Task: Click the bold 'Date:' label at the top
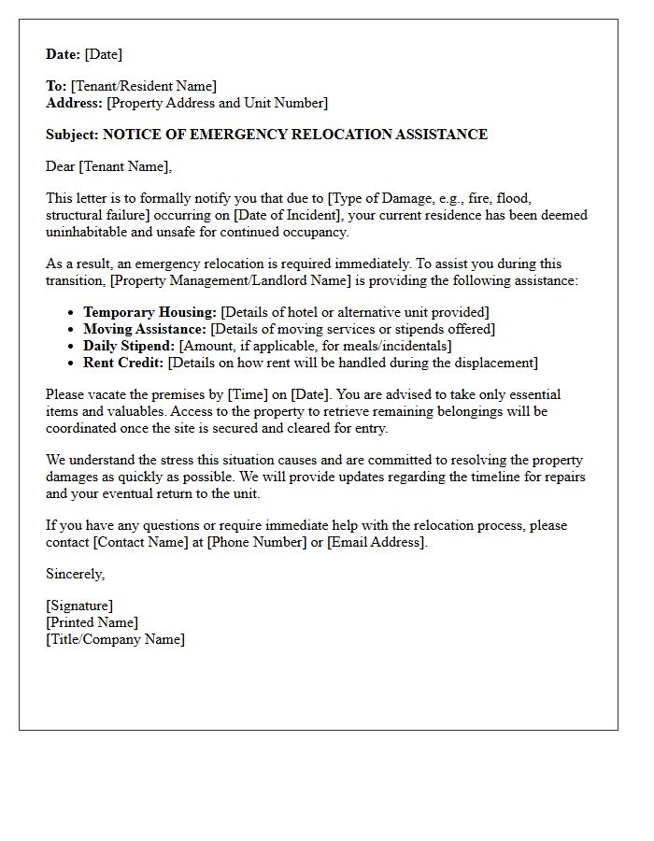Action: (64, 54)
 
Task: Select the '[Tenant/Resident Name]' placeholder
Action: (143, 86)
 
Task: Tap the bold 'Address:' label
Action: (75, 103)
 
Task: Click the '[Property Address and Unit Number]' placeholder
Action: (218, 103)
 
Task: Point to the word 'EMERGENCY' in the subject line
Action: (238, 135)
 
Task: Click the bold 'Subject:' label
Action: (72, 135)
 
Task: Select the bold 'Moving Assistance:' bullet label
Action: (145, 329)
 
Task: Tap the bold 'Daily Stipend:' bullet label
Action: (129, 346)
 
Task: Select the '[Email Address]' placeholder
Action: (377, 542)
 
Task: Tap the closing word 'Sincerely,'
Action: (76, 574)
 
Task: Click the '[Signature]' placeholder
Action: (79, 606)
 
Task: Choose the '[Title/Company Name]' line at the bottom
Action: (115, 639)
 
